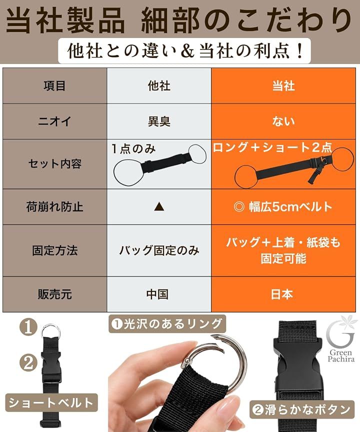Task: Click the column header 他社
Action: click(x=159, y=86)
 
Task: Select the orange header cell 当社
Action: click(x=283, y=86)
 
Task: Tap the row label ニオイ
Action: click(x=54, y=121)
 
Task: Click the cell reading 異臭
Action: click(x=159, y=121)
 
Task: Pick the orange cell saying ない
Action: click(x=283, y=121)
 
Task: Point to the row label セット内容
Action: click(x=54, y=164)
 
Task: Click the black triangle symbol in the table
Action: click(x=159, y=206)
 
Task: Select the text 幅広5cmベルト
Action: click(x=290, y=206)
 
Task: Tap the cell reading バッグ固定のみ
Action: click(x=159, y=250)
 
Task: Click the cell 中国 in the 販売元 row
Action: click(x=157, y=294)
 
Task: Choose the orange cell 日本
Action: click(x=282, y=294)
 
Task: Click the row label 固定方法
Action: click(x=54, y=250)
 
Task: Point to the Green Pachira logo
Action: click(x=340, y=339)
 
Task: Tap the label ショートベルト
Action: click(x=51, y=403)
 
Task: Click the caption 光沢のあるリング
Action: click(x=167, y=323)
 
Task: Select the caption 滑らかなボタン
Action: click(x=301, y=409)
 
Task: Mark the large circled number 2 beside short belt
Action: click(x=28, y=362)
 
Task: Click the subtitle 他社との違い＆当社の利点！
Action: click(x=184, y=51)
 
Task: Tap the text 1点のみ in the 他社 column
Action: click(x=133, y=149)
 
